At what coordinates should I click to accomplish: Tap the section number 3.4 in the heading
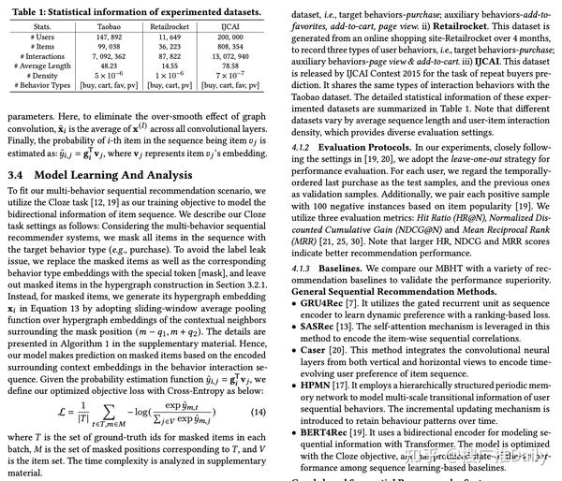[18, 175]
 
